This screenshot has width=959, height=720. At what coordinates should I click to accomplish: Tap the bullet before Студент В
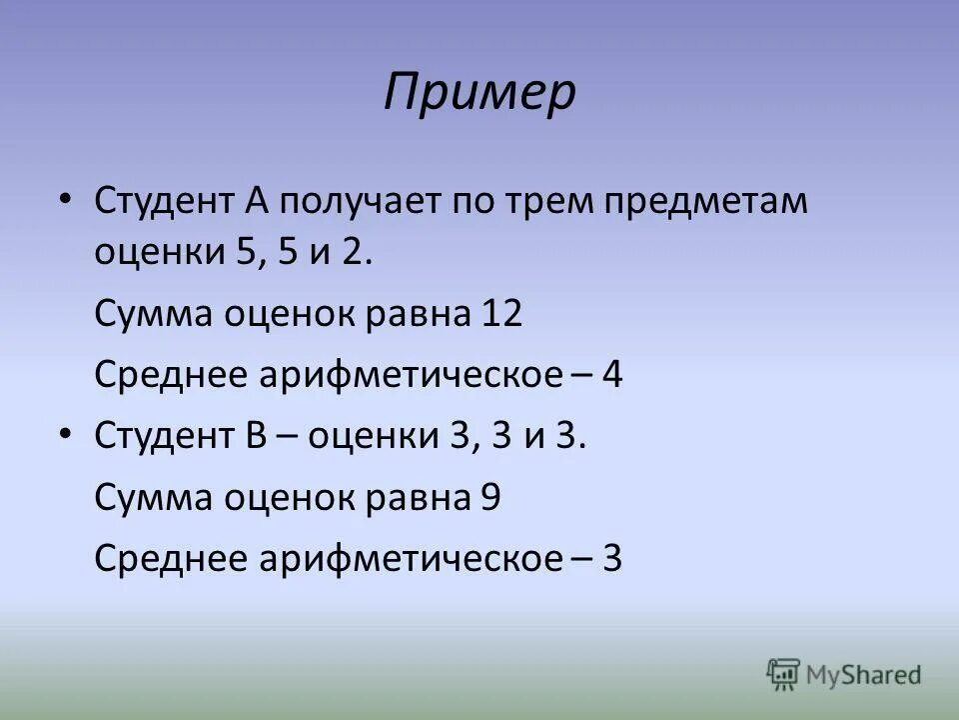coord(65,435)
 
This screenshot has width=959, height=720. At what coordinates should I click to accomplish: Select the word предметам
coord(712,201)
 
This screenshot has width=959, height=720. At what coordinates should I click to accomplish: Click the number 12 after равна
coord(501,315)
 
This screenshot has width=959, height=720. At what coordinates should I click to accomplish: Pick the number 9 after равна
coord(489,497)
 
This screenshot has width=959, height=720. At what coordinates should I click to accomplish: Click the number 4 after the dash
coord(612,376)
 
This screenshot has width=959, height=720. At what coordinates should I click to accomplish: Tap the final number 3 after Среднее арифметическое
coord(612,558)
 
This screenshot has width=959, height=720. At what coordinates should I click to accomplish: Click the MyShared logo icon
coord(784,674)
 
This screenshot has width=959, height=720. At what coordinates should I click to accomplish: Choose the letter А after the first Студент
coord(251,201)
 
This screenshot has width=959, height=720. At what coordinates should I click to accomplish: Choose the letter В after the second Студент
coord(250,437)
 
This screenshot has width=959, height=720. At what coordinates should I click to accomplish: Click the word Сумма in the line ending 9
coord(151,498)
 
